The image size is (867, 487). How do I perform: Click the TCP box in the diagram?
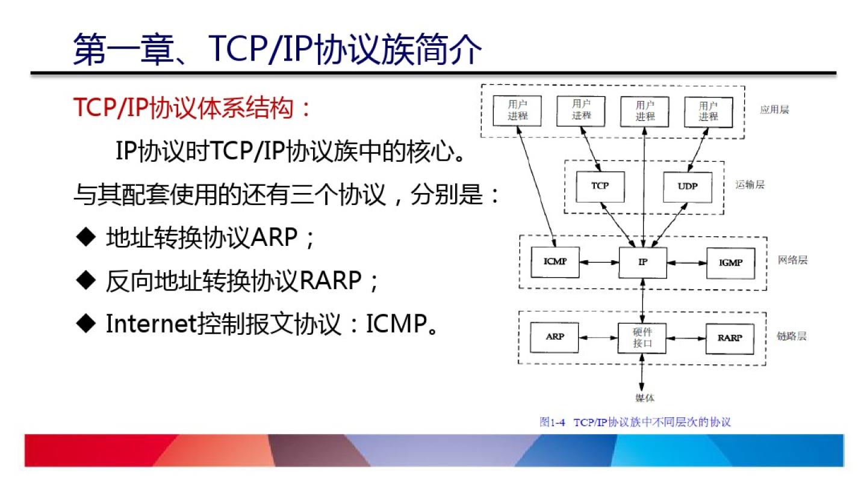(x=600, y=186)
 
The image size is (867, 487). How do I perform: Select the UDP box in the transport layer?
(x=687, y=187)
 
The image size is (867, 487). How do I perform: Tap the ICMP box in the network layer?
(x=555, y=262)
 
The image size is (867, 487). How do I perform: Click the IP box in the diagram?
(x=643, y=262)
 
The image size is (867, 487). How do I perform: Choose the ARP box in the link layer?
(x=555, y=337)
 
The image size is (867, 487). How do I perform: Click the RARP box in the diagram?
(x=730, y=338)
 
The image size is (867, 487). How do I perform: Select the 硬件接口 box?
(x=642, y=338)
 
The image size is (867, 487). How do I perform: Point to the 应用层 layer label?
(x=774, y=109)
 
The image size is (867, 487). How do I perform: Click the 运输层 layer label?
(x=750, y=185)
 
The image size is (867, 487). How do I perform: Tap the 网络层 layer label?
(x=792, y=260)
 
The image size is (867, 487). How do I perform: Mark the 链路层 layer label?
(x=791, y=336)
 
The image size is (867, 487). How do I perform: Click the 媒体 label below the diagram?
(x=644, y=398)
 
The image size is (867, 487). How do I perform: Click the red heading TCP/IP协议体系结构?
(x=193, y=108)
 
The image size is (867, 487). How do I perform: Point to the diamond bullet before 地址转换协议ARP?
(x=87, y=237)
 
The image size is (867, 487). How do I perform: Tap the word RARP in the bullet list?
(x=330, y=280)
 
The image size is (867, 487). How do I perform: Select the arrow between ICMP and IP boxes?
(x=598, y=262)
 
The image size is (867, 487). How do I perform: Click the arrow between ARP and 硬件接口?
(x=598, y=338)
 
